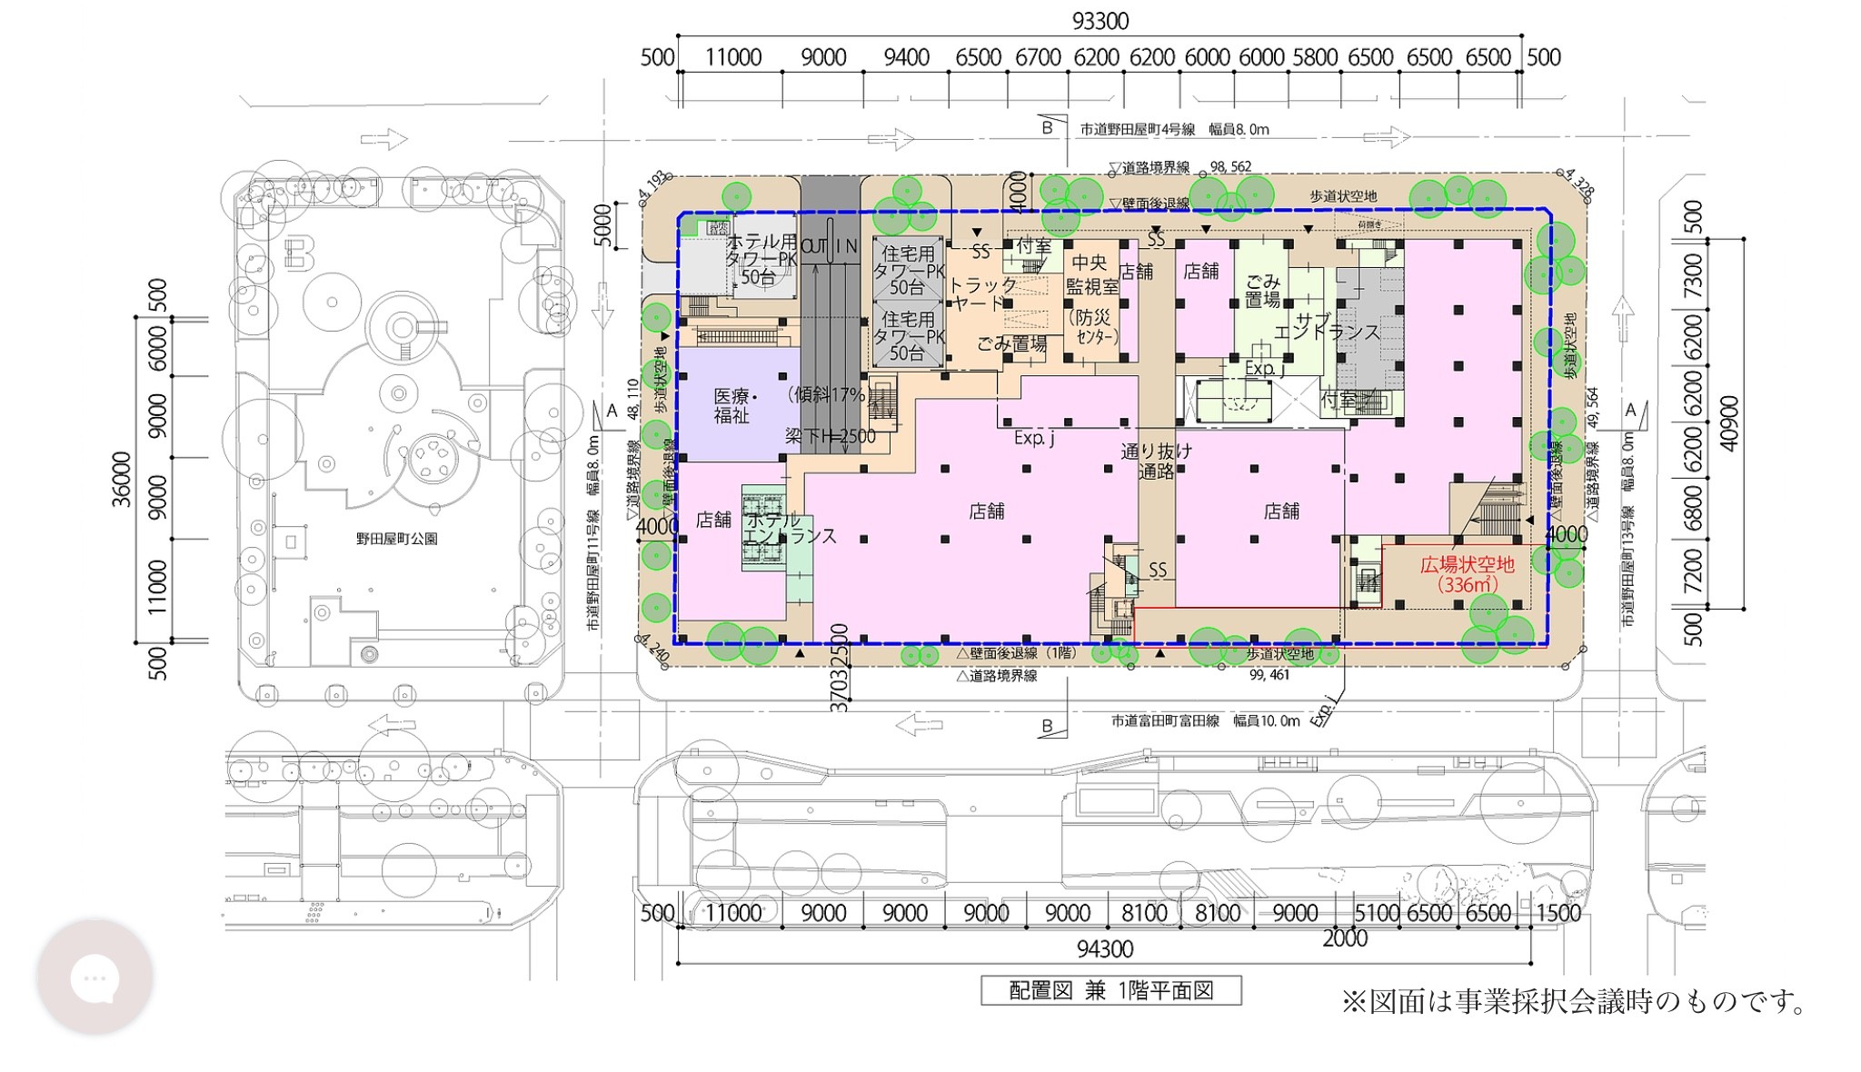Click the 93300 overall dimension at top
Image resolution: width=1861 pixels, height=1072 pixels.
[1100, 20]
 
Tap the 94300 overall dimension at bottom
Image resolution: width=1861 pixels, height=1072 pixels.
[1104, 948]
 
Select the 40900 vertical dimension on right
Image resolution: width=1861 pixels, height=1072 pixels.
[1729, 422]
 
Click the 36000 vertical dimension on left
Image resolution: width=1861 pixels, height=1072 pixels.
[121, 479]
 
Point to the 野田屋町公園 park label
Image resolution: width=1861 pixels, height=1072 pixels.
[396, 539]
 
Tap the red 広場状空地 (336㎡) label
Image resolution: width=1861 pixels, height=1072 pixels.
[1467, 574]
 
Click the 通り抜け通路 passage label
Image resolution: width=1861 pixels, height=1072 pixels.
[1156, 461]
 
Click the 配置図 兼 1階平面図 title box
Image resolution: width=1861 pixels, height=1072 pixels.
[1110, 990]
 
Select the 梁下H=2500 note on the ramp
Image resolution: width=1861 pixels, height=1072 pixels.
[831, 436]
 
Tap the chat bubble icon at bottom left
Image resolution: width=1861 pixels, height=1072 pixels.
[95, 978]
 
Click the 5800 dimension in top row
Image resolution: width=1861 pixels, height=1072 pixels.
[1315, 57]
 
